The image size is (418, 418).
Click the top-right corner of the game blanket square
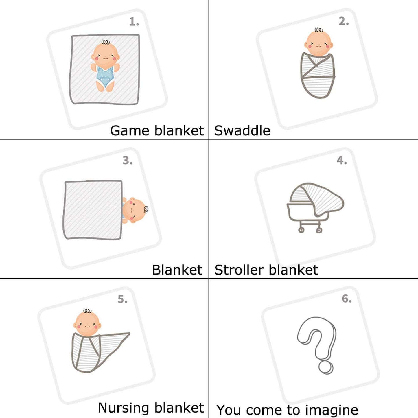tap(139, 35)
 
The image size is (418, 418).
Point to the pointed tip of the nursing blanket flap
tap(130, 333)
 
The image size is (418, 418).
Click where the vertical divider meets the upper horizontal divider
tap(209, 139)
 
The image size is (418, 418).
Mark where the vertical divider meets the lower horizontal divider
tap(209, 278)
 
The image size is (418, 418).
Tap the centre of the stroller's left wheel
tap(301, 230)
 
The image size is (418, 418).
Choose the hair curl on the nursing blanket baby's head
tap(87, 311)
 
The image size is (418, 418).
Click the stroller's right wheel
tap(319, 230)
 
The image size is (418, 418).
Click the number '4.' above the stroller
tap(342, 161)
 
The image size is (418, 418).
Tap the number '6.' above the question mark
tap(347, 299)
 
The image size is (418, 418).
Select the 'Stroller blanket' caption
tap(266, 270)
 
